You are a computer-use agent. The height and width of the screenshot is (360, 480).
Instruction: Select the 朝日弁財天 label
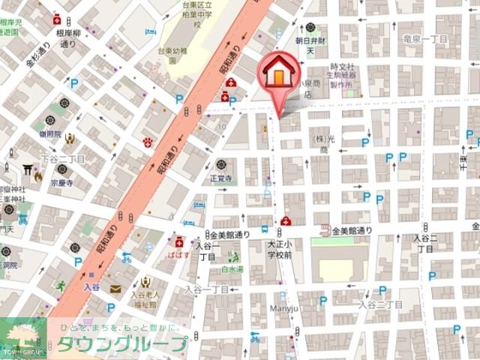(x=309, y=46)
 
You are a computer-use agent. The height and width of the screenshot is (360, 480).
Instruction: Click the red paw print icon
(x=148, y=142)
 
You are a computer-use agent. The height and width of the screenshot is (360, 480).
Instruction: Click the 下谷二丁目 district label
(x=63, y=159)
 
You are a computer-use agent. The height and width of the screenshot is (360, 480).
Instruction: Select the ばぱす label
(x=179, y=253)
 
